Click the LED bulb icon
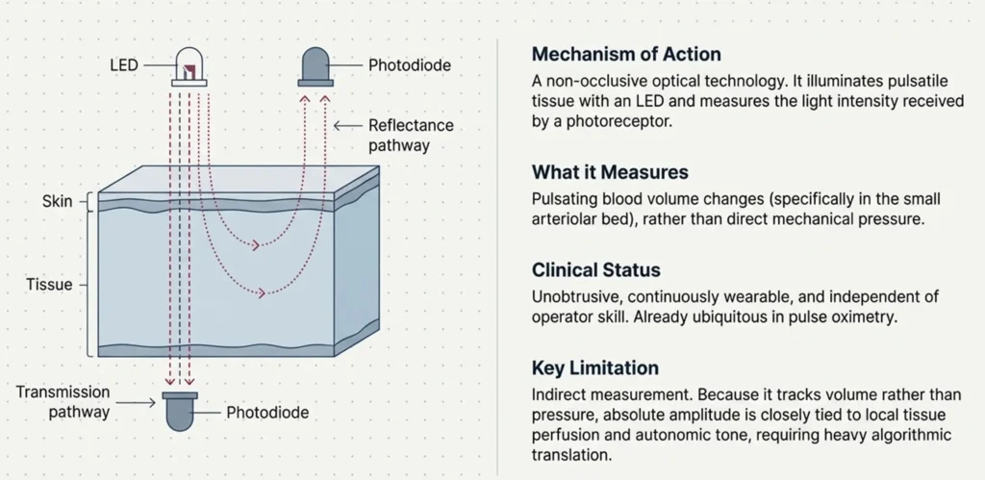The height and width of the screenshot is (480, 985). tap(189, 66)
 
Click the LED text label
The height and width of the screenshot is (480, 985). tap(124, 64)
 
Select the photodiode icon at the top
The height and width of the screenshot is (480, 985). tap(316, 66)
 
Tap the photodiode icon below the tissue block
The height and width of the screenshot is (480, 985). tap(180, 412)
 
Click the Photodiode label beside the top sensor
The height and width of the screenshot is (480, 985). tap(410, 64)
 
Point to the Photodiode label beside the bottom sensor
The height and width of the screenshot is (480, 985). tap(267, 413)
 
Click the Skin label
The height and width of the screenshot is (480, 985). tap(57, 202)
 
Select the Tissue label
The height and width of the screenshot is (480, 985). tap(49, 285)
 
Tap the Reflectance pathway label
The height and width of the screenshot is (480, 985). tap(411, 135)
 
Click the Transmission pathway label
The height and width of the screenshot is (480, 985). tap(63, 402)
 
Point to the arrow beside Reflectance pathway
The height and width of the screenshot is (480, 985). tap(348, 126)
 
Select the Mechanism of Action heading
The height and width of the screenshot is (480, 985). tap(626, 54)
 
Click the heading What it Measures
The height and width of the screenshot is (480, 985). tap(610, 172)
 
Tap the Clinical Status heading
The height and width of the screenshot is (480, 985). tap(596, 270)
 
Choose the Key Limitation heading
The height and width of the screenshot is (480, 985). tap(594, 367)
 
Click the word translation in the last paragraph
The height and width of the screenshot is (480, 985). tap(570, 455)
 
